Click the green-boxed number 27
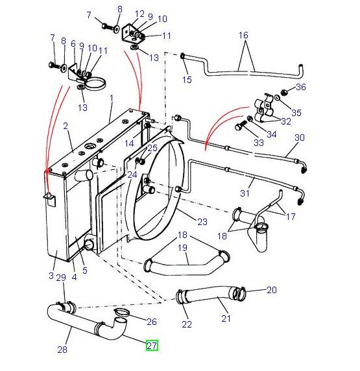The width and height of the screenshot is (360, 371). pyautogui.click(x=151, y=346)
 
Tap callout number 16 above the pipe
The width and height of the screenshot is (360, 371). pyautogui.click(x=243, y=34)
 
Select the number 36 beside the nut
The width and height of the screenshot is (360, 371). pyautogui.click(x=300, y=88)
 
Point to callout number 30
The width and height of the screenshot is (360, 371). pyautogui.click(x=299, y=138)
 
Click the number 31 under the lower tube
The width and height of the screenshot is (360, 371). pyautogui.click(x=245, y=193)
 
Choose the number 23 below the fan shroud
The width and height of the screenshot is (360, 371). pyautogui.click(x=202, y=222)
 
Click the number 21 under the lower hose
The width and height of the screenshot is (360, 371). pyautogui.click(x=226, y=318)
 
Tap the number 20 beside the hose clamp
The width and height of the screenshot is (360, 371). pyautogui.click(x=271, y=289)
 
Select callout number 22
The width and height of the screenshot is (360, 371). pyautogui.click(x=187, y=324)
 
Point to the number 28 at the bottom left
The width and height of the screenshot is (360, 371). pyautogui.click(x=62, y=350)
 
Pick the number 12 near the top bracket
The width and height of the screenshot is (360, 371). pyautogui.click(x=140, y=14)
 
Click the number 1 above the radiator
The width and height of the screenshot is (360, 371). pyautogui.click(x=111, y=98)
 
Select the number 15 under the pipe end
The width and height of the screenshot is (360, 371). pyautogui.click(x=187, y=80)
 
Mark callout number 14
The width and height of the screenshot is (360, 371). pyautogui.click(x=129, y=143)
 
